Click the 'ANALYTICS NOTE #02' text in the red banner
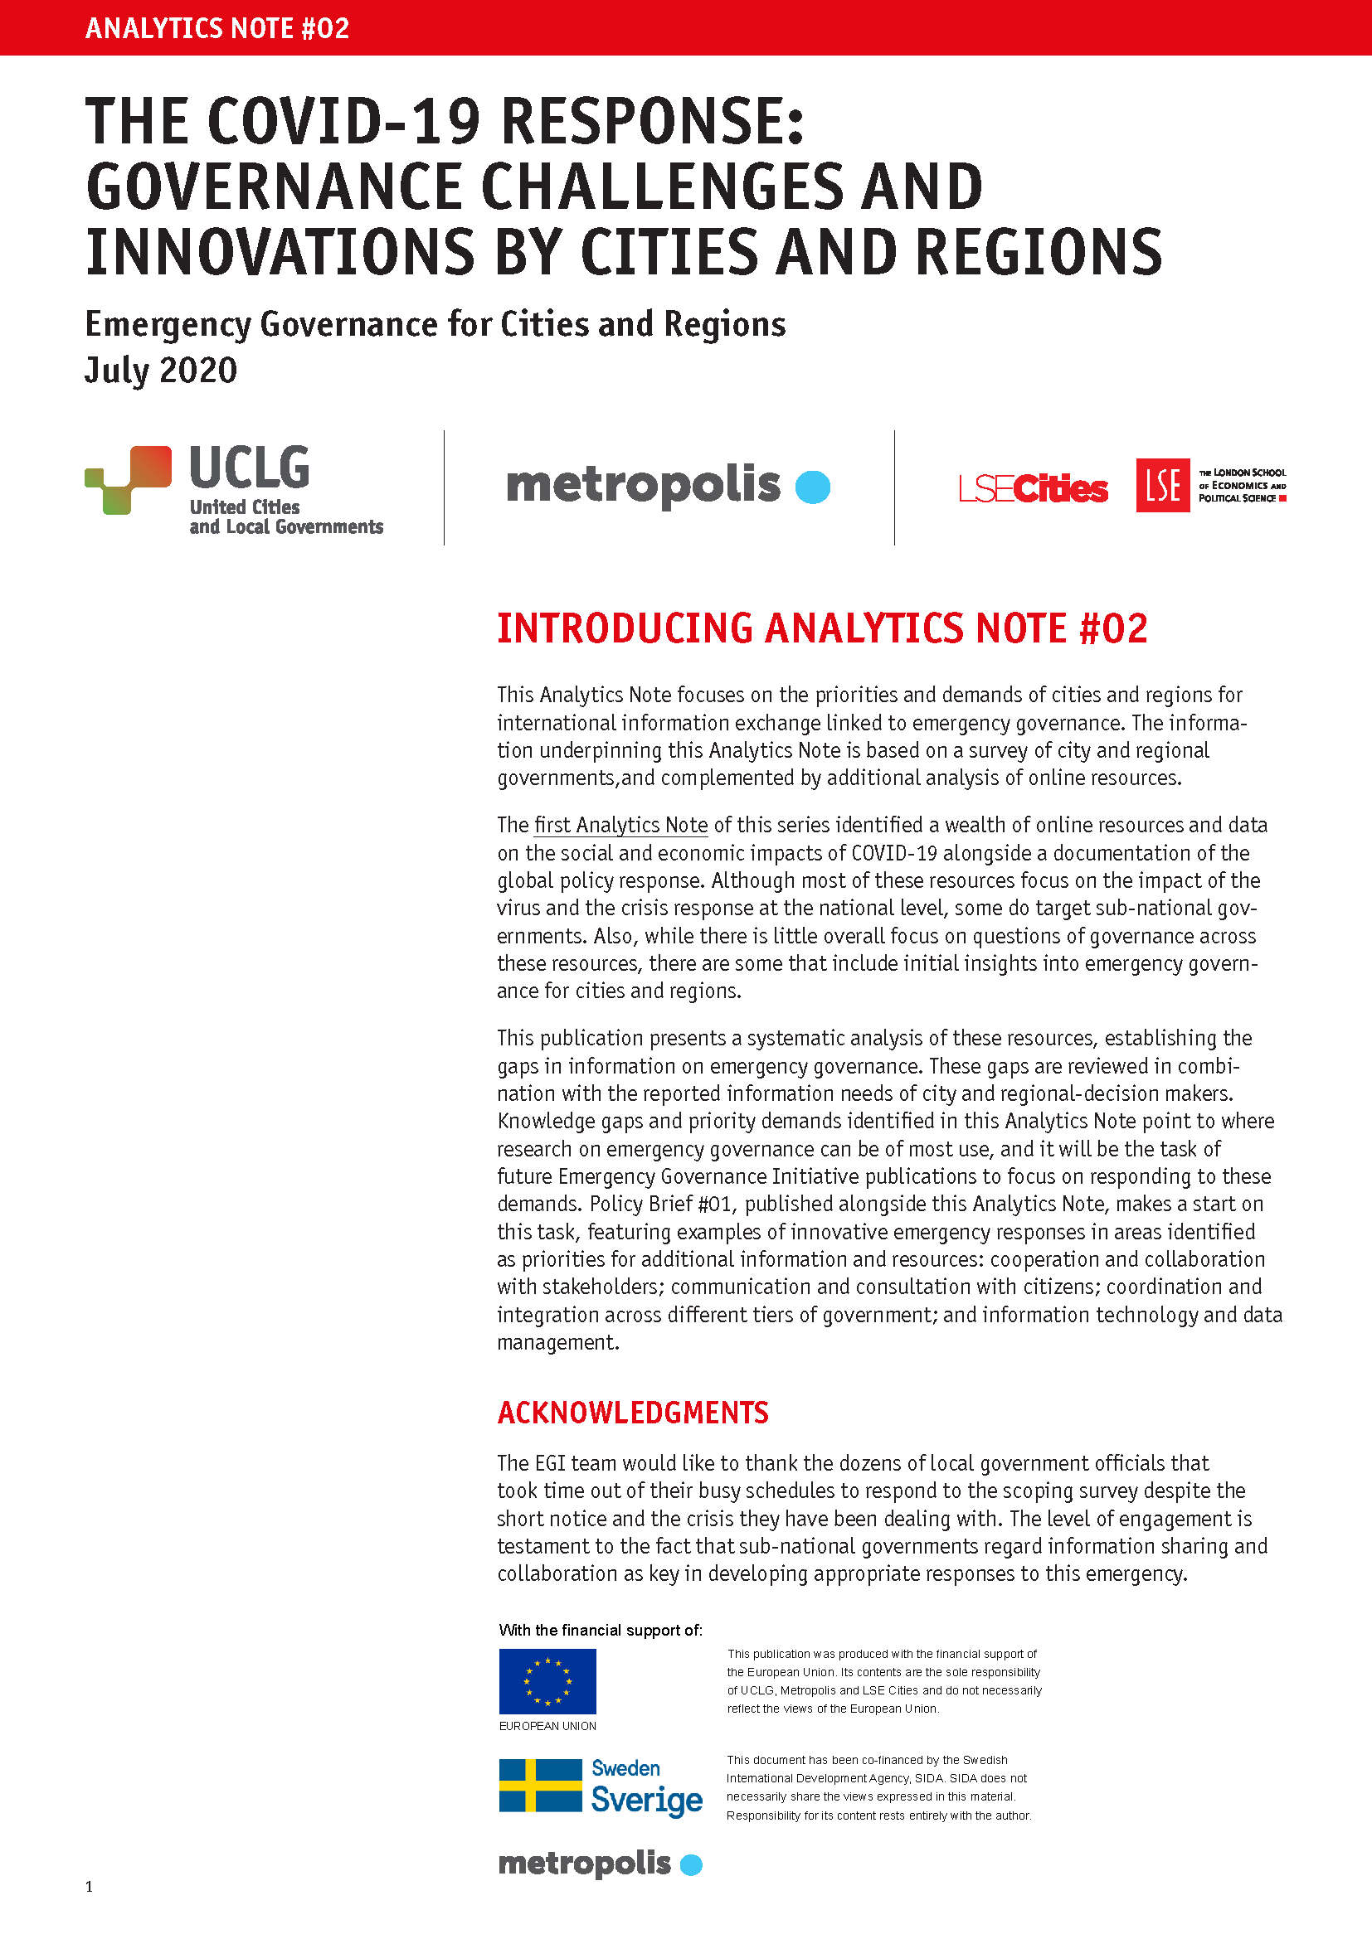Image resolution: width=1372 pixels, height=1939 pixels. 217,29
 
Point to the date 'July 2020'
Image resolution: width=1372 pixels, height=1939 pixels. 161,371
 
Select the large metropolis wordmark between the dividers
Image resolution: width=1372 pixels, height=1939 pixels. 643,487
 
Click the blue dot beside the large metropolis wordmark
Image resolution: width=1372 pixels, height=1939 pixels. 813,487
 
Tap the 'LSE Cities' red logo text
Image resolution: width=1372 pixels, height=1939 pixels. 1034,488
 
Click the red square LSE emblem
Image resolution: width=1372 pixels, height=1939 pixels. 1162,486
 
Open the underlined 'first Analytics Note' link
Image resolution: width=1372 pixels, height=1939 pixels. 621,825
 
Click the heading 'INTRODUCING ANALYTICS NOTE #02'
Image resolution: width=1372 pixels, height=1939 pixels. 822,629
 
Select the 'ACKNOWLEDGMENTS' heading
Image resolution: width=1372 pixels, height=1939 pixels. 633,1413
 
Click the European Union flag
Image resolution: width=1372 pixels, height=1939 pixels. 547,1681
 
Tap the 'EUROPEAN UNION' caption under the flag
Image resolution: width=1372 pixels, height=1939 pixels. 547,1726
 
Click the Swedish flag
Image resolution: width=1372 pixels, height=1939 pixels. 540,1786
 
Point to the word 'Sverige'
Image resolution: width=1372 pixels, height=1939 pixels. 646,1800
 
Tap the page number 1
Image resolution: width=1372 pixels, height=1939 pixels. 90,1887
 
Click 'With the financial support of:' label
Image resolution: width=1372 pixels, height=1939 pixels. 601,1630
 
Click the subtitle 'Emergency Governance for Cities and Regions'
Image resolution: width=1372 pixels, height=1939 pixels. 435,325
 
